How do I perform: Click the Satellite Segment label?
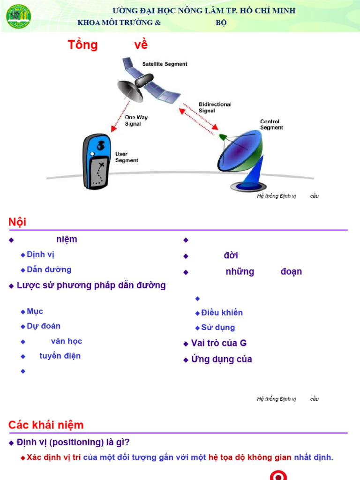click(165, 64)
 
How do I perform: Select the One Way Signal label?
click(136, 120)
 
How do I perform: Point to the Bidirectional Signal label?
click(215, 107)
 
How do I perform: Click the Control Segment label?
click(271, 125)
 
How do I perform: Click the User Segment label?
click(127, 157)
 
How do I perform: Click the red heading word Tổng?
click(82, 45)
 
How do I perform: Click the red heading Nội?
click(17, 222)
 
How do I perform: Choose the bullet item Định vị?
click(41, 255)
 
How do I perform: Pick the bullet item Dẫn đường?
click(49, 270)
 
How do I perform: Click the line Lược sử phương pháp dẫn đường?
click(91, 285)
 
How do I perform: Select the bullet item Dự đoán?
click(44, 326)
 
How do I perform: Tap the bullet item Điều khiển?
click(222, 313)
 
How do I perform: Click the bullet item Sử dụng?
click(218, 328)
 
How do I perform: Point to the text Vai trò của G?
click(218, 343)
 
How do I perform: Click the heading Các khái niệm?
click(46, 425)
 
